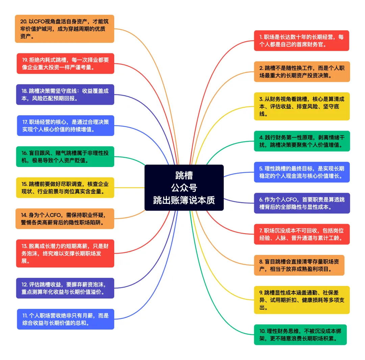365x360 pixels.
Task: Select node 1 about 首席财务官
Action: pos(301,41)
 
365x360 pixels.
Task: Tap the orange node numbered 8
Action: pos(299,265)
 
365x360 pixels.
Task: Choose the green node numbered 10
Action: pos(300,335)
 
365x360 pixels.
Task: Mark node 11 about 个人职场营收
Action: pos(66,319)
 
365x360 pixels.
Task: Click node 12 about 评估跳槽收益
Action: pos(65,288)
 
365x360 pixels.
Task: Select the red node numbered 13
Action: pos(65,253)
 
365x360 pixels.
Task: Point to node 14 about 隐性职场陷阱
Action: pos(65,218)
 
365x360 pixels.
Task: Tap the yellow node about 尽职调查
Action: pos(65,188)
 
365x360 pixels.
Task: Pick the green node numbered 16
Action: pos(65,157)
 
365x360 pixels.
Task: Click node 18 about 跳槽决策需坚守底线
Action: pos(65,95)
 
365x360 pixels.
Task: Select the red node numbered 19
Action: pos(65,63)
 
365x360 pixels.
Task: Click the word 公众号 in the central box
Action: pos(184,188)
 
